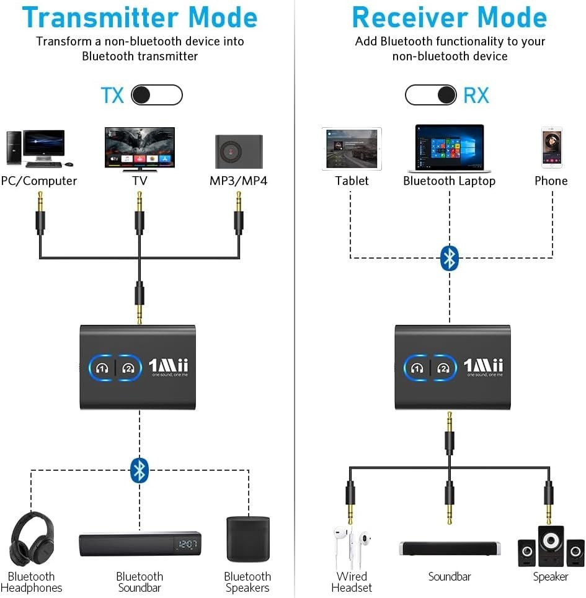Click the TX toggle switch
click(157, 95)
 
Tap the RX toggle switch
click(431, 95)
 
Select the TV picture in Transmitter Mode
click(140, 149)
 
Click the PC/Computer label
click(39, 181)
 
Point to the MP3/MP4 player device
click(239, 151)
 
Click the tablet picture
click(352, 149)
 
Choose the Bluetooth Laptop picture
click(449, 148)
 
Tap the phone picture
click(551, 148)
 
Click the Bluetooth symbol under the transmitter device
click(140, 470)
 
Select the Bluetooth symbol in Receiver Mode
click(449, 258)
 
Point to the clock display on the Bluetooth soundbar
click(187, 544)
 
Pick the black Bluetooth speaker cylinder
click(247, 539)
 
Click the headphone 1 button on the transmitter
click(102, 367)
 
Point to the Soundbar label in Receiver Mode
click(450, 577)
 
